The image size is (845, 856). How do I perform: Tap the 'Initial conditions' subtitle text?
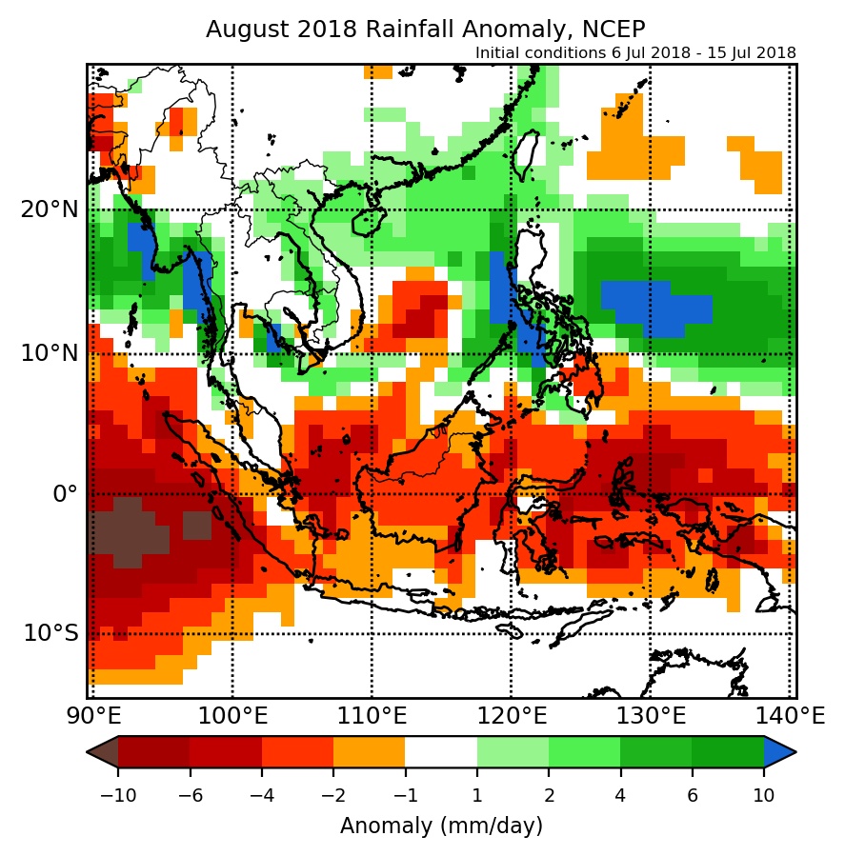pyautogui.click(x=635, y=52)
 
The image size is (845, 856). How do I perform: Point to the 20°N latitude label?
pyautogui.click(x=49, y=209)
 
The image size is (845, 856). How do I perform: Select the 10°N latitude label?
pyautogui.click(x=49, y=353)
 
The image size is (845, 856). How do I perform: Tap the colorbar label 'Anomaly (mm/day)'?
pyautogui.click(x=441, y=825)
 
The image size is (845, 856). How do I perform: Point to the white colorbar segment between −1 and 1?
pyautogui.click(x=441, y=751)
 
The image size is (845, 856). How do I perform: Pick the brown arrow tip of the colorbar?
pyautogui.click(x=101, y=751)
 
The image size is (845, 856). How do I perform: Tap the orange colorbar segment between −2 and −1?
pyautogui.click(x=369, y=751)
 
